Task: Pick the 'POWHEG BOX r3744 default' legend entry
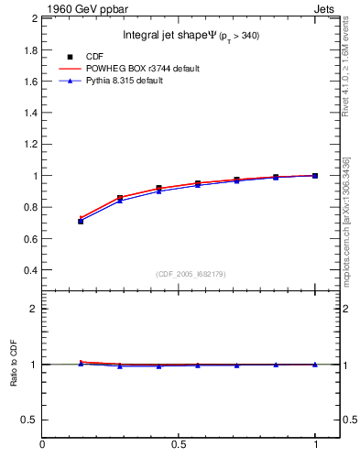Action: tap(141, 69)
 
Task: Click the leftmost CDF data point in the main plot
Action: tap(81, 221)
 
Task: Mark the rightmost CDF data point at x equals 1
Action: tap(315, 175)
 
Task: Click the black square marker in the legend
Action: tap(69, 57)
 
